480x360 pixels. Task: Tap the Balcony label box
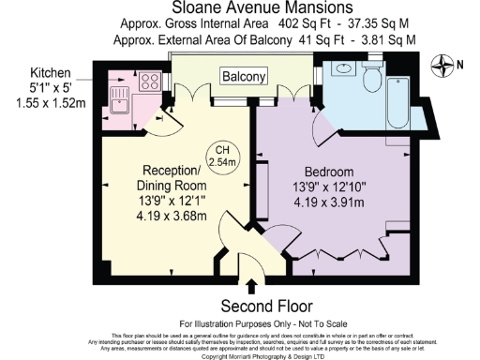pyautogui.click(x=243, y=75)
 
